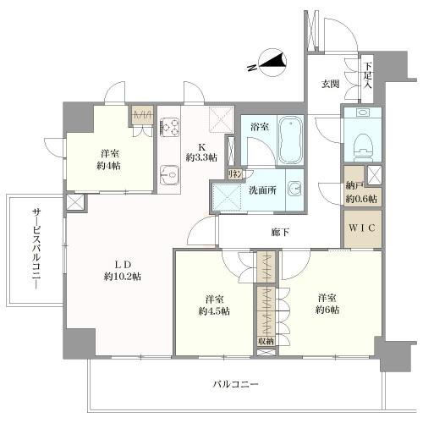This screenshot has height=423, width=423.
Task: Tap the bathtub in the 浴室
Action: [x=290, y=140]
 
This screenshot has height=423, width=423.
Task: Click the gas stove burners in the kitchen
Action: [x=169, y=126]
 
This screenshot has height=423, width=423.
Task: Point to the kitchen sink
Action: [x=169, y=175]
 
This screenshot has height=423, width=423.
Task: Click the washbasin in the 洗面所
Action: [x=294, y=189]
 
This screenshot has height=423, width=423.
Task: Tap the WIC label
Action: [x=362, y=228]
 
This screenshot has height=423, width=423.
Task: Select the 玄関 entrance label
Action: [x=331, y=84]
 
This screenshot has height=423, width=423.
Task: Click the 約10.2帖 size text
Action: [x=123, y=277]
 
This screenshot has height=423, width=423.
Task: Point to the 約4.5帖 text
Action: [x=214, y=311]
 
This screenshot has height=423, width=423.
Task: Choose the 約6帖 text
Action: [x=327, y=310]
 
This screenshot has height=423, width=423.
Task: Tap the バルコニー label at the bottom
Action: [x=235, y=384]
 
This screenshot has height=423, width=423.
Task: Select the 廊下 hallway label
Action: [x=280, y=233]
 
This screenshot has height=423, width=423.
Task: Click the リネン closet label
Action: [x=235, y=174]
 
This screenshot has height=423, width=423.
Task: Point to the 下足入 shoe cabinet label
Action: [x=367, y=75]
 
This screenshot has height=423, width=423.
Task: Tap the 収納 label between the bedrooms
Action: [x=266, y=341]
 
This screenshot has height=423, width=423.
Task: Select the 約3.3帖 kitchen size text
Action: [x=201, y=157]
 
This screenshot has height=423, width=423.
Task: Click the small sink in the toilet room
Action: [x=362, y=113]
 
